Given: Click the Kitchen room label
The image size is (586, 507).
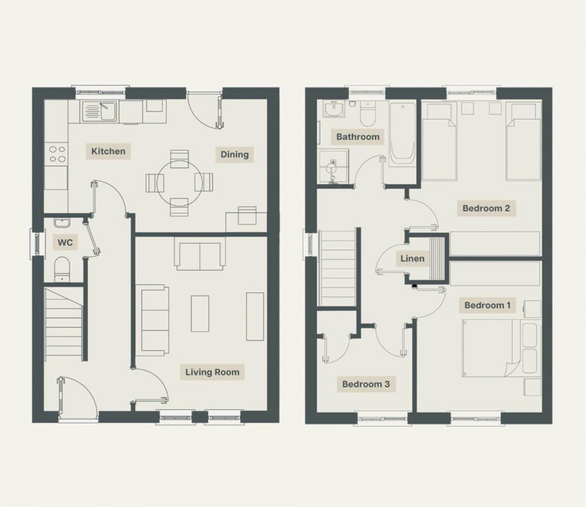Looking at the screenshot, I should pyautogui.click(x=108, y=151).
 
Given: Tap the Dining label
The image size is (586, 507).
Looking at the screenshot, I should pyautogui.click(x=234, y=154).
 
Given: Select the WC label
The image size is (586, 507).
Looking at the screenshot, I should pyautogui.click(x=65, y=243).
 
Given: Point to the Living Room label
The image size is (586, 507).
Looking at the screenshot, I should pyautogui.click(x=212, y=372).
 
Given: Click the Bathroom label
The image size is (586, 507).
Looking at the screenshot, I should pyautogui.click(x=357, y=137).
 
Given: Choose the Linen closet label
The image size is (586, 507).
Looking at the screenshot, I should pyautogui.click(x=412, y=259).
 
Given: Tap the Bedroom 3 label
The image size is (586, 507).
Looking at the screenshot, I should pyautogui.click(x=366, y=384).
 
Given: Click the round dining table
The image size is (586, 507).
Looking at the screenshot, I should pyautogui.click(x=179, y=182).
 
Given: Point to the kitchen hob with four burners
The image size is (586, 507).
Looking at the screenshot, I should pyautogui.click(x=57, y=154).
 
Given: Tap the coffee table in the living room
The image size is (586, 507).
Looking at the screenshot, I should pyautogui.click(x=200, y=313).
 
